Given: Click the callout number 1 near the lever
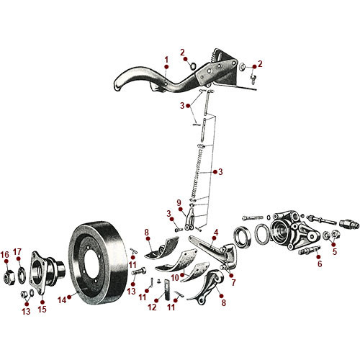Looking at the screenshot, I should pos(166,58).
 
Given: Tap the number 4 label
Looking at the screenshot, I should pos(215,232).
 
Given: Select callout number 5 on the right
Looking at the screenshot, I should pos(334,251).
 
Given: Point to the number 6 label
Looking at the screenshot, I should pos(320,264).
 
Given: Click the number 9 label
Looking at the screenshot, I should pos(179,203).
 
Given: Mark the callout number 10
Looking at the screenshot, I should pos(174,276).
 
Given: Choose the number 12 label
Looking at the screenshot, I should pos(152,307).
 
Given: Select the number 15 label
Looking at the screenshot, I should pos(41,310).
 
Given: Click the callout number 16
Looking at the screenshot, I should pos(6,254).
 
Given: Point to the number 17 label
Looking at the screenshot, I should pos(19,251).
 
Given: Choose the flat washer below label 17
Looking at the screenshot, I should pos(21,273).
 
